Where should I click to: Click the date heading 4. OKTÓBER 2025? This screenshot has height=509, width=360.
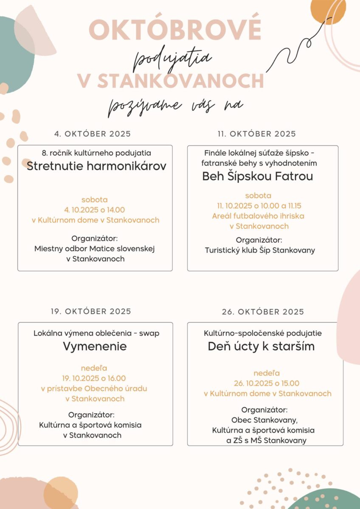93,134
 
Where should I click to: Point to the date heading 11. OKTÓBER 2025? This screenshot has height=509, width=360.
256,134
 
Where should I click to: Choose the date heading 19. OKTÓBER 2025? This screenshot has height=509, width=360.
91,311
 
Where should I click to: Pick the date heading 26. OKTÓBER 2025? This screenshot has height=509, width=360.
263,312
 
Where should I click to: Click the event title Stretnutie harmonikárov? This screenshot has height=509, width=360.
96,166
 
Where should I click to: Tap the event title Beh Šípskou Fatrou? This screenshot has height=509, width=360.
258,176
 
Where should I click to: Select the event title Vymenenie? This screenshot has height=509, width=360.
95,346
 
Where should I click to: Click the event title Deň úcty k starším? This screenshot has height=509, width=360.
261,346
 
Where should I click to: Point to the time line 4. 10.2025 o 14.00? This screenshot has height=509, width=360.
94,210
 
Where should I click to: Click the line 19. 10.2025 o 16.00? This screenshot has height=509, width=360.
95,378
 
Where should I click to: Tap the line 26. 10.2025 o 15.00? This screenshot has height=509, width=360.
267,383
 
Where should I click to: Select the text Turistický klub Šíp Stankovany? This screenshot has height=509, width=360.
260,250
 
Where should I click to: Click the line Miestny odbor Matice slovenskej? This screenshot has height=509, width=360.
94,249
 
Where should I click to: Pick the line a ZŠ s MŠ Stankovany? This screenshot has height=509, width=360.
266,441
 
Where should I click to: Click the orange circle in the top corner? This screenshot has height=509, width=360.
328,10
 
